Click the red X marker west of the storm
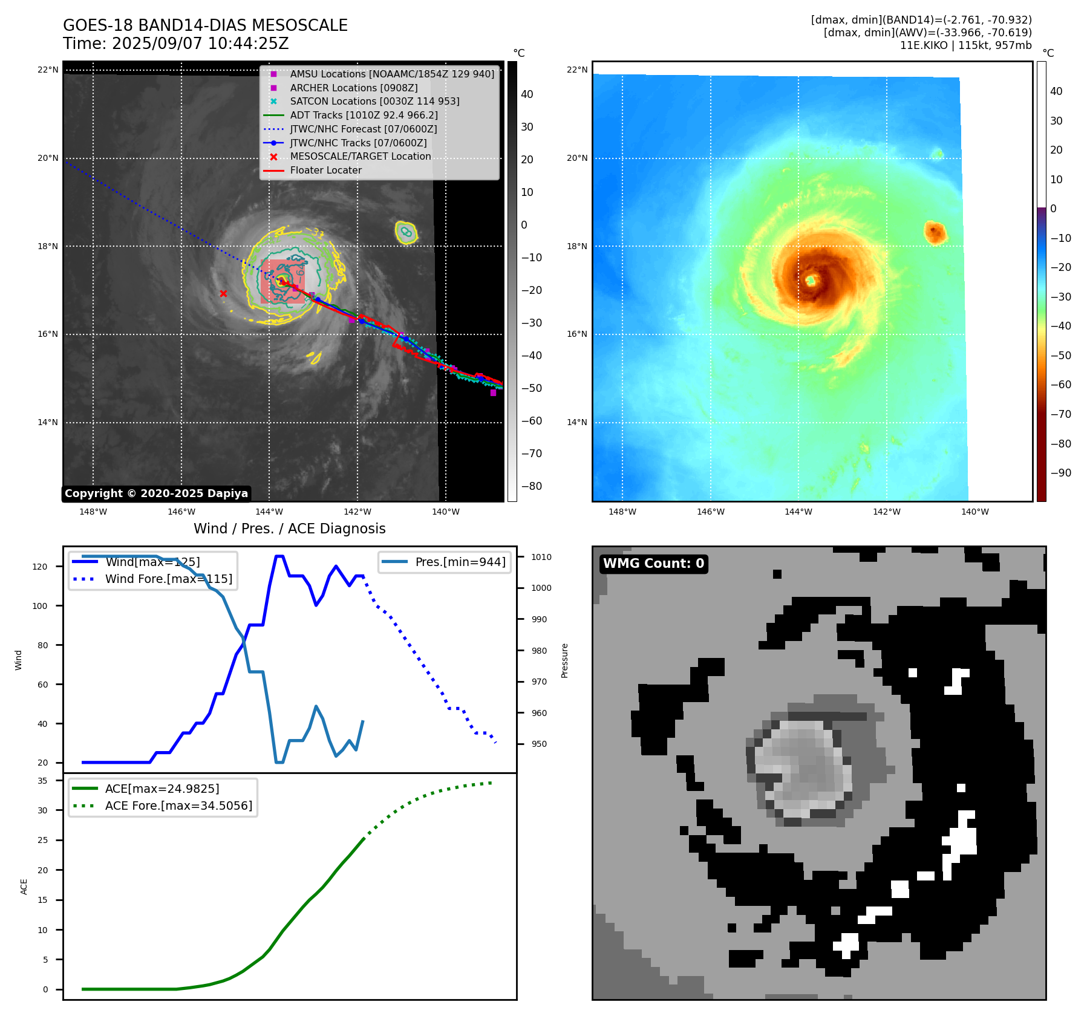223,294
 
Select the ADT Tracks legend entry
364,115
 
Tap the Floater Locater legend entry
325,170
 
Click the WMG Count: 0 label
653,564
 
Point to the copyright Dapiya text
156,493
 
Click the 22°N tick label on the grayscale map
48,70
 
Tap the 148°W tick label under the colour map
622,512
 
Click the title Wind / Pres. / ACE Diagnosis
289,529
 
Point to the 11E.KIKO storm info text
965,45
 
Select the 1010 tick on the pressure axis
541,557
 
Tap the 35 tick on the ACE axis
42,781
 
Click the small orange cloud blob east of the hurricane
935,232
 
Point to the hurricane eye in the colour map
811,280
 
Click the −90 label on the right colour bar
1060,473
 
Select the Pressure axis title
564,660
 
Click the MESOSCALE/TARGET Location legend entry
360,156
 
